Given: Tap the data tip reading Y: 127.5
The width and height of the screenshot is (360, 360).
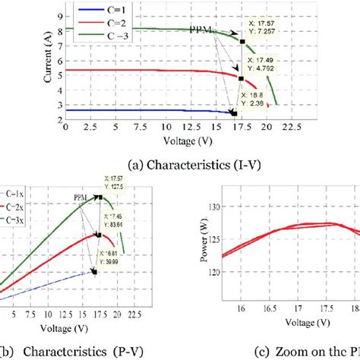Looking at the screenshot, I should [113, 185].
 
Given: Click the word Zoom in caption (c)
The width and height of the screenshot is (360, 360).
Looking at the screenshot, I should [271, 352].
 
